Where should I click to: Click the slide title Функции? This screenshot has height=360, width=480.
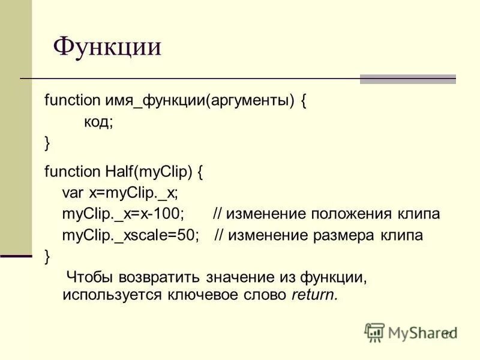click(107, 47)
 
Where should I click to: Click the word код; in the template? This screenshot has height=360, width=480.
click(98, 122)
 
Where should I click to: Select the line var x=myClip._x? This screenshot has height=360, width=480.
click(120, 193)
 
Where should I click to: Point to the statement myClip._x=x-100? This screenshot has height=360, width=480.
click(123, 214)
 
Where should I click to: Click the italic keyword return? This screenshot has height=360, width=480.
click(315, 295)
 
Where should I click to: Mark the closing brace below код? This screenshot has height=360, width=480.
click(47, 143)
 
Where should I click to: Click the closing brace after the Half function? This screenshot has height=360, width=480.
click(47, 256)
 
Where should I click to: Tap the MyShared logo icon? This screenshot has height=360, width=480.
click(374, 332)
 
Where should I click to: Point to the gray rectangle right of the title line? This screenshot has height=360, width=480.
click(407, 79)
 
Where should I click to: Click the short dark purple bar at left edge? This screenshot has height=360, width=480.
click(16, 256)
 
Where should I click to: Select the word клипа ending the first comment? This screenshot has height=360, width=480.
click(418, 214)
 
